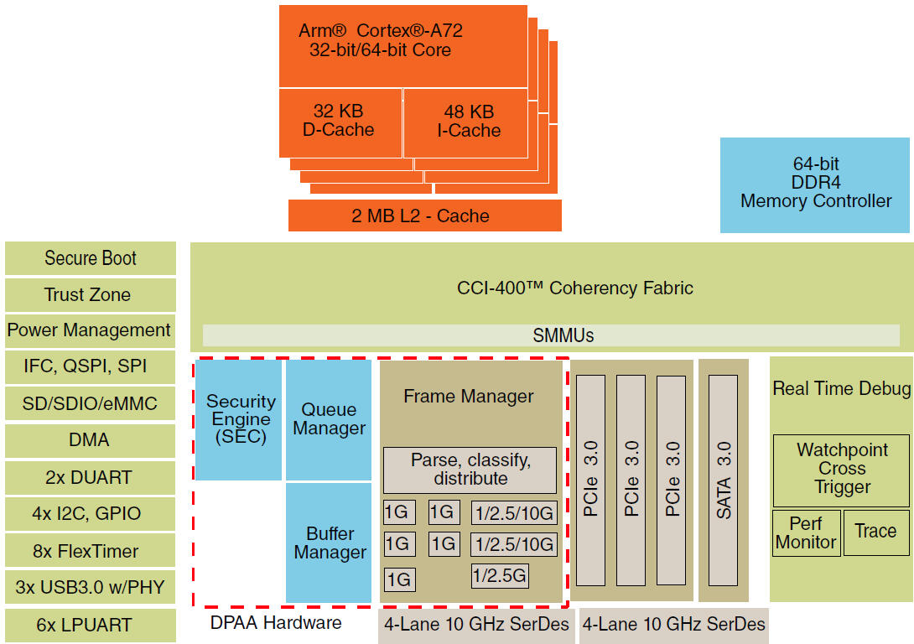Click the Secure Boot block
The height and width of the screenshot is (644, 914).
91,258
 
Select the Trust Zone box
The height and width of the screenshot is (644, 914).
91,294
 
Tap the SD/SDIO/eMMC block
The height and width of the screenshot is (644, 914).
91,403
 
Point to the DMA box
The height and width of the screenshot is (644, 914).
91,440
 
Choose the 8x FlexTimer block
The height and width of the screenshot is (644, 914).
91,552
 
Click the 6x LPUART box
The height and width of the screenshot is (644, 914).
91,625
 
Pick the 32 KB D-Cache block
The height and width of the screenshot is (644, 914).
339,122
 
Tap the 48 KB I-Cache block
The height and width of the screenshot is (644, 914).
465,122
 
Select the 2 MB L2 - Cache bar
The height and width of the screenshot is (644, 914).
424,216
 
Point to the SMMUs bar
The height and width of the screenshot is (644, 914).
551,335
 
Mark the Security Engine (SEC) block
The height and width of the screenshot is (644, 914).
240,419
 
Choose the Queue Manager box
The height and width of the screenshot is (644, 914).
329,419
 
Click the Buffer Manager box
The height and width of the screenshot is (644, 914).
329,543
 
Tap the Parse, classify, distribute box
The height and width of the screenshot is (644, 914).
470,470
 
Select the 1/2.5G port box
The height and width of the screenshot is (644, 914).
500,576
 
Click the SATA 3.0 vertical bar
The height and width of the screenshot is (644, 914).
724,480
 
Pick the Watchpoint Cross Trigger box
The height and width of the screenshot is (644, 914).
840,469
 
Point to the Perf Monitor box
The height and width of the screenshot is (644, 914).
805,532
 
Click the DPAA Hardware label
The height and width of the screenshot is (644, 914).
276,623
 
